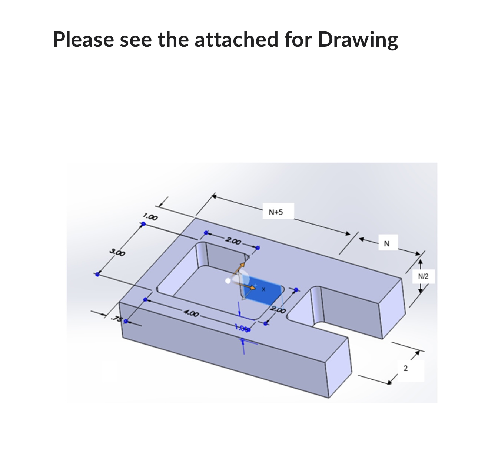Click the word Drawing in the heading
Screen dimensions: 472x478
point(358,39)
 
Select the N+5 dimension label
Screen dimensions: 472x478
point(275,212)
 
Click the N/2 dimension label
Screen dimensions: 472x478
point(423,276)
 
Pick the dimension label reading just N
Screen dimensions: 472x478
point(387,243)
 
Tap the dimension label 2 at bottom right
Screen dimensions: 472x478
point(405,368)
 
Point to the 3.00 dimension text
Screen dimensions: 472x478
point(117,253)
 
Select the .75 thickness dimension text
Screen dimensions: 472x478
point(117,319)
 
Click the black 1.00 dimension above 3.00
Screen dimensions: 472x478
point(151,216)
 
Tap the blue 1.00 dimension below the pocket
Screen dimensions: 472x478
point(242,328)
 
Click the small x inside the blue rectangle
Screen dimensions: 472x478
point(263,289)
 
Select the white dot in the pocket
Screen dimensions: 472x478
point(228,281)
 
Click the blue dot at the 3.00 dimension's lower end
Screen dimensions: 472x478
point(97,274)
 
